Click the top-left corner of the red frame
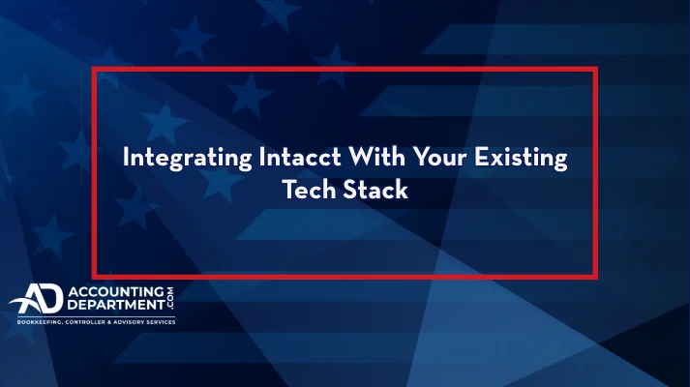tap(94, 70)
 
